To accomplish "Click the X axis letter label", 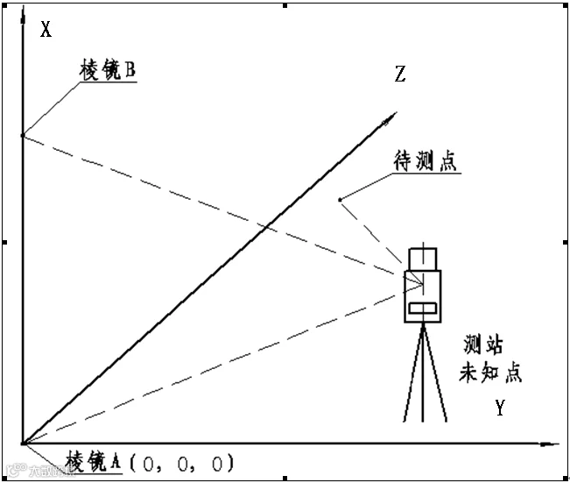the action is [46, 30].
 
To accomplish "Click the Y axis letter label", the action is [499, 408].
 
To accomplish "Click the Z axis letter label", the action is [400, 75].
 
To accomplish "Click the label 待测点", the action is [426, 162].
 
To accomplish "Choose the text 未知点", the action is [491, 372].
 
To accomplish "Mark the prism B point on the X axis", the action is [23, 135].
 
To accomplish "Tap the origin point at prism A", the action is [23, 444].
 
